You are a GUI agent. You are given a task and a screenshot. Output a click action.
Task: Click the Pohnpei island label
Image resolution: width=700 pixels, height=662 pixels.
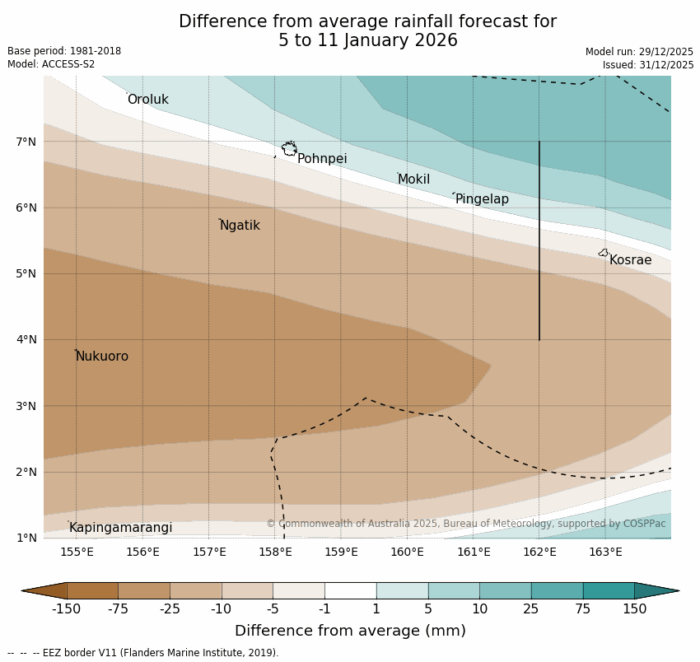tap(322, 159)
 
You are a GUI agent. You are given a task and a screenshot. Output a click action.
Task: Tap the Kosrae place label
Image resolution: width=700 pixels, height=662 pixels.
tap(630, 260)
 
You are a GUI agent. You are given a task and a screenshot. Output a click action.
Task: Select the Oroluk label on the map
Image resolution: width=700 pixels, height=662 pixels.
tap(147, 100)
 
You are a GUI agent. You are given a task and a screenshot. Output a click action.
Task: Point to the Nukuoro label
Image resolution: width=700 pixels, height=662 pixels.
tap(102, 357)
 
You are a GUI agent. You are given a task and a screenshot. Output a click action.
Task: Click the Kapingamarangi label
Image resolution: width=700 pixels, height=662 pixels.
tap(120, 528)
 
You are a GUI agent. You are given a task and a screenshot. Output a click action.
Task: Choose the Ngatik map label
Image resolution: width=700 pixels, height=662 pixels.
tap(240, 226)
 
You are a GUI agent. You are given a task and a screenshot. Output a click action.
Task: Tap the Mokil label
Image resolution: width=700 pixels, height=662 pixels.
tap(413, 179)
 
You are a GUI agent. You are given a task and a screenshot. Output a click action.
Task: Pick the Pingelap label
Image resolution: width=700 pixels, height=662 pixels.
tap(482, 199)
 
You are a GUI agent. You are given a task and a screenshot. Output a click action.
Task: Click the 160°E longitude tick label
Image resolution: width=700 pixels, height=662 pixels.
tap(407, 552)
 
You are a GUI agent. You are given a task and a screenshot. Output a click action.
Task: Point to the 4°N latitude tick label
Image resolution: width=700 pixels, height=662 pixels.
tap(26, 339)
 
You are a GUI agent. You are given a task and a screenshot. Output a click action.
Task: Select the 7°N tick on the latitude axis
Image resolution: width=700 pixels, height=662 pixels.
tap(26, 142)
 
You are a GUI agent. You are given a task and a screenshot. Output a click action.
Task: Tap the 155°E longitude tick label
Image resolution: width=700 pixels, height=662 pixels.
tap(77, 552)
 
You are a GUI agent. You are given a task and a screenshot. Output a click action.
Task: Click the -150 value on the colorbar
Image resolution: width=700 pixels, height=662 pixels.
tap(66, 609)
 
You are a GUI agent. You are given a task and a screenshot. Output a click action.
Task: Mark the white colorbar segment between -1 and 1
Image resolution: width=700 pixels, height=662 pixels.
tap(350, 590)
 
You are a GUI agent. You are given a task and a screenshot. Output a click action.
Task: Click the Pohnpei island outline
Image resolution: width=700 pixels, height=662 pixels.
tap(289, 149)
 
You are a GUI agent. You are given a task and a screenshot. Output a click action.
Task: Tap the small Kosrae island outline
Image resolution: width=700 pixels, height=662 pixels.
tap(603, 253)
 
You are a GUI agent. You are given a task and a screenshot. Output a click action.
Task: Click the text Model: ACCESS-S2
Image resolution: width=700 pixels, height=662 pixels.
tap(51, 64)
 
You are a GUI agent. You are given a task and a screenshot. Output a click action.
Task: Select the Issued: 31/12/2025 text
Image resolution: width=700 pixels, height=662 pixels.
tap(647, 65)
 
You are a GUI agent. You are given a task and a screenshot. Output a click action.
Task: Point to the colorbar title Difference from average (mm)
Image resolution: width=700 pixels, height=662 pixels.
tap(350, 632)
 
